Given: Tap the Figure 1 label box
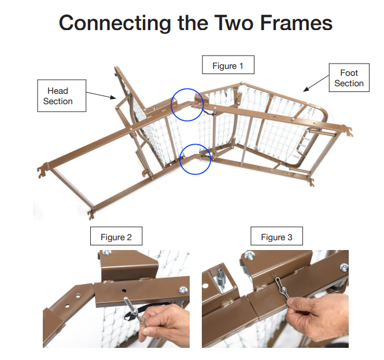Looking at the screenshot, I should coord(228,65).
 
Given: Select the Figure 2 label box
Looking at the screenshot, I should coord(116,237).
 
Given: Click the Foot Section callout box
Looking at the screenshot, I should coord(349,78).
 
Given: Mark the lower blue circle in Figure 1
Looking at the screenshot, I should coord(195,159).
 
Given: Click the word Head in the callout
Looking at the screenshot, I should coord(58,91).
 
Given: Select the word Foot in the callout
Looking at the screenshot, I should coord(349,73).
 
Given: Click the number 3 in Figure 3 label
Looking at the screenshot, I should coord(290,237).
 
